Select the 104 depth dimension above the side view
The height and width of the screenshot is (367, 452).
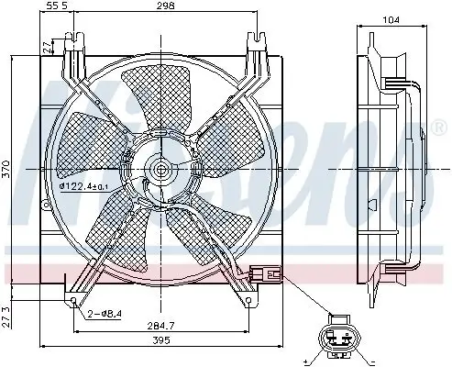tap(391, 17)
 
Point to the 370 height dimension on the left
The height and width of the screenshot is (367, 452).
tap(7, 171)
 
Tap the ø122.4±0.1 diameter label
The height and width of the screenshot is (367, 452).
tap(84, 188)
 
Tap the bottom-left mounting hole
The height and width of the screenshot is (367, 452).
tap(73, 300)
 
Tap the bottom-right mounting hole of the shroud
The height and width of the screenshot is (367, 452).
tap(249, 300)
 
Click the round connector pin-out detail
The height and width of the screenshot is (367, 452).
tap(338, 340)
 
